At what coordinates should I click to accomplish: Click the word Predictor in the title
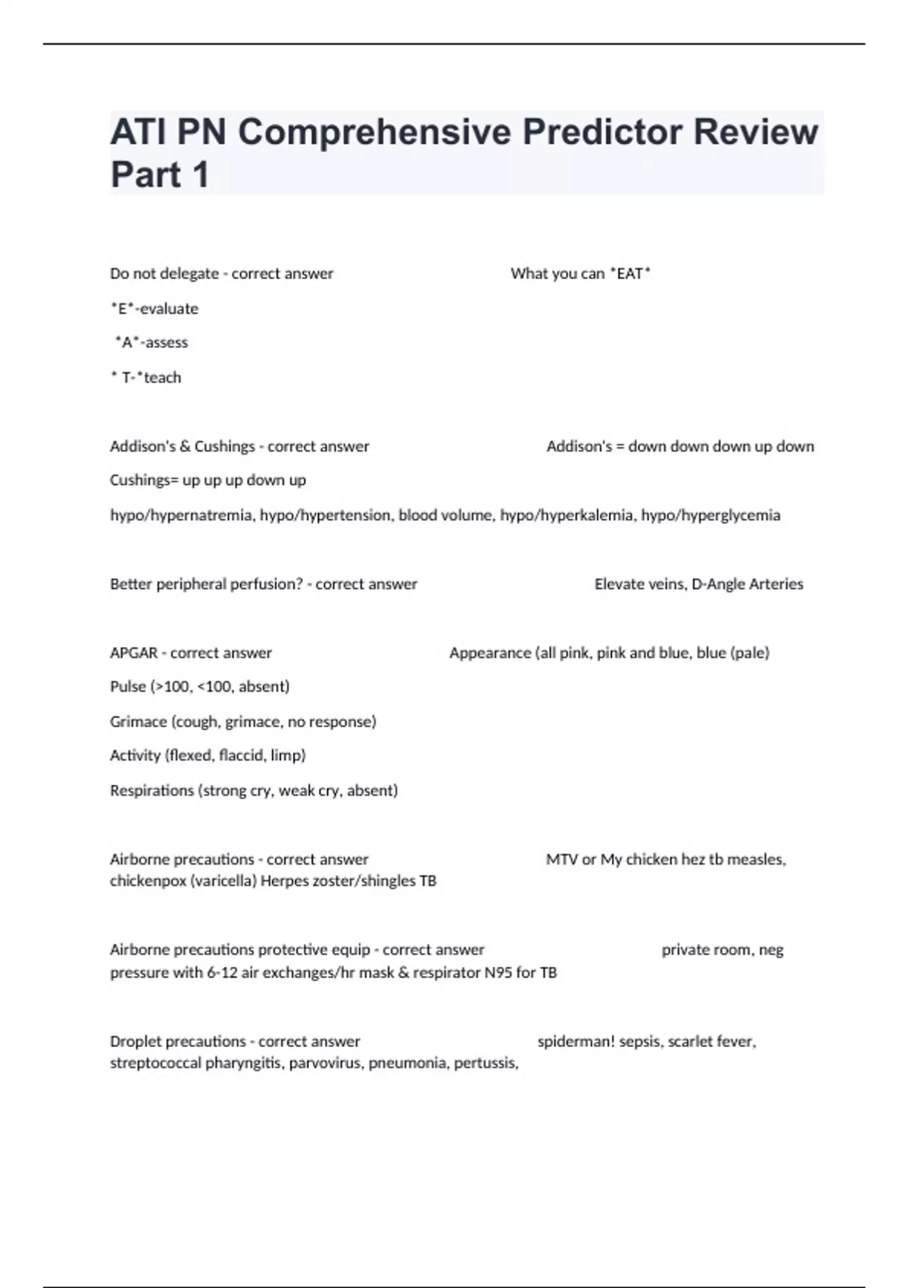pos(601,133)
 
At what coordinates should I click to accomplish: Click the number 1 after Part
pos(200,175)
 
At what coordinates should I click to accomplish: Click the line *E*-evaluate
pos(155,308)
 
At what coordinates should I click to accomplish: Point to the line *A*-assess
pos(151,342)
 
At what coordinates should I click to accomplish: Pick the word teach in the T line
pos(162,377)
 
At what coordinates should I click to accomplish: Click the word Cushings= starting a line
pos(143,480)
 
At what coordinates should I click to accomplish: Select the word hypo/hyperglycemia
pos(711,515)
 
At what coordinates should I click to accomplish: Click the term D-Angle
pos(718,584)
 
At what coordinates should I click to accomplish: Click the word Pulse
pos(128,686)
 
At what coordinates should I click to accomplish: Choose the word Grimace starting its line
pos(138,721)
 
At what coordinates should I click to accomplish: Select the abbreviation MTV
pos(561,859)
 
